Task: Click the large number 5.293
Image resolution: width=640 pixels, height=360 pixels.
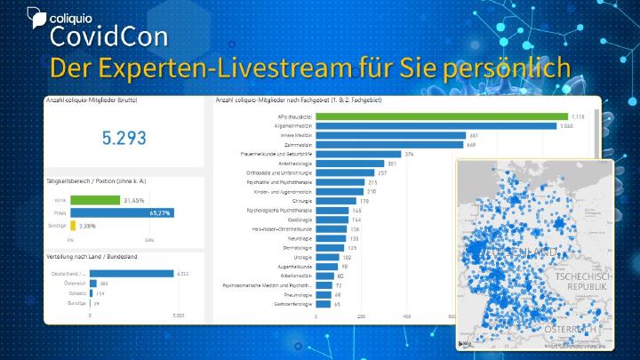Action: click(x=124, y=138)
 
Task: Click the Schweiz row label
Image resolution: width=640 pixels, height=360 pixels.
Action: click(x=76, y=293)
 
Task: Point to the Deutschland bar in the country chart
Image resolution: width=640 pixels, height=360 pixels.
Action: click(x=131, y=274)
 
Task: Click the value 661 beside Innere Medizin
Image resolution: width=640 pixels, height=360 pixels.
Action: click(x=474, y=135)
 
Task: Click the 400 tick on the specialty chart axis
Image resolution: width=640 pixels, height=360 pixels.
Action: click(x=407, y=316)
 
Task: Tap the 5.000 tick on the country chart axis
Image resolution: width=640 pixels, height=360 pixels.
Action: click(x=177, y=316)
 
